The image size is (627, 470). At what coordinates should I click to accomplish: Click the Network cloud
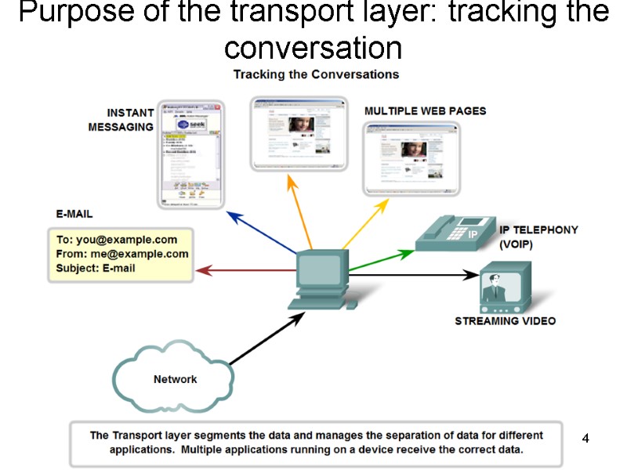tap(174, 379)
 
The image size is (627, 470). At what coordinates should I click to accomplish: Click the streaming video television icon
tap(505, 287)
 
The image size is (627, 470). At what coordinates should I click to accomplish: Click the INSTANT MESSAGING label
tap(121, 120)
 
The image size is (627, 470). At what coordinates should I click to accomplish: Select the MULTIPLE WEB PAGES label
tap(425, 111)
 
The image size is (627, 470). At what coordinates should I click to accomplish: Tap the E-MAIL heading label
tap(74, 214)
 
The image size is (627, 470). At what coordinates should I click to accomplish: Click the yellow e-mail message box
tap(122, 254)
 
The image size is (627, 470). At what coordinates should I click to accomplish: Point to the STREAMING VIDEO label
tap(505, 321)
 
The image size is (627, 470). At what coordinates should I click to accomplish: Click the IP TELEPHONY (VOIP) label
tap(538, 237)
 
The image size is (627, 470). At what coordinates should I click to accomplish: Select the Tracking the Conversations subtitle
tap(316, 74)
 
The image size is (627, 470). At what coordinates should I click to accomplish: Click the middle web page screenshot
tap(298, 132)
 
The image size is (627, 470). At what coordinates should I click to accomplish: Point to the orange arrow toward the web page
tap(302, 211)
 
